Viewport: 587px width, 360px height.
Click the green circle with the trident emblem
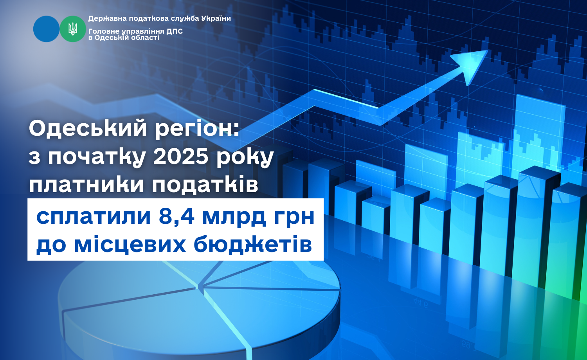pyautogui.click(x=73, y=29)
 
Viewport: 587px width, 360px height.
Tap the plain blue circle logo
pyautogui.click(x=47, y=29)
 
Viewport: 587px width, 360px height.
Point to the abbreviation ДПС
pyautogui.click(x=175, y=31)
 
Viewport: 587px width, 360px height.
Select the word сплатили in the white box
pyautogui.click(x=94, y=218)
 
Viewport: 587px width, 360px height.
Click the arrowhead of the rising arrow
pyautogui.click(x=472, y=65)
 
